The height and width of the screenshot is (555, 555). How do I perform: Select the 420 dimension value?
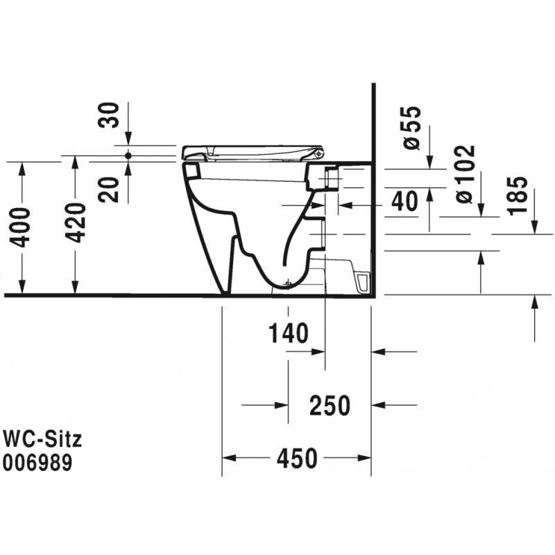tap(76, 223)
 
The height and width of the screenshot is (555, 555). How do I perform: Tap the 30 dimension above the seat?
tap(109, 115)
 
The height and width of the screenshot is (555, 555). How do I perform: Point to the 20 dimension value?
tap(109, 189)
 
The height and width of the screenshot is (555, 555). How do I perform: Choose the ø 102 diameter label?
tap(465, 174)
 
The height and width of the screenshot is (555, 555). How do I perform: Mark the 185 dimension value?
tap(517, 195)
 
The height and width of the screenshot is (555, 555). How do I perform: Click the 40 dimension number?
tap(404, 201)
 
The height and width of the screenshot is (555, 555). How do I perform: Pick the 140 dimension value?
tap(289, 334)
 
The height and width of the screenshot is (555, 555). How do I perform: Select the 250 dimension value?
tap(330, 406)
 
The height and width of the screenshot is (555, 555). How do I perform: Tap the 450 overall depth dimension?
tap(297, 459)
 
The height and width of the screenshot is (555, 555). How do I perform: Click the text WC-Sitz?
tap(42, 439)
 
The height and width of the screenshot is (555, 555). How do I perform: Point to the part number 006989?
tap(37, 463)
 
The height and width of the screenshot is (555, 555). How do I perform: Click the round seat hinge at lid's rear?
tap(319, 153)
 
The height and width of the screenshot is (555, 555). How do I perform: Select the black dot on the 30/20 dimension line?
tap(128, 155)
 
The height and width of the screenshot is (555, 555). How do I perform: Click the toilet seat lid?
tap(253, 153)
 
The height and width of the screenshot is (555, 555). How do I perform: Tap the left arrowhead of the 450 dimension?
tap(229, 458)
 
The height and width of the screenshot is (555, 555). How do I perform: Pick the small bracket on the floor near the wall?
tap(363, 282)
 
